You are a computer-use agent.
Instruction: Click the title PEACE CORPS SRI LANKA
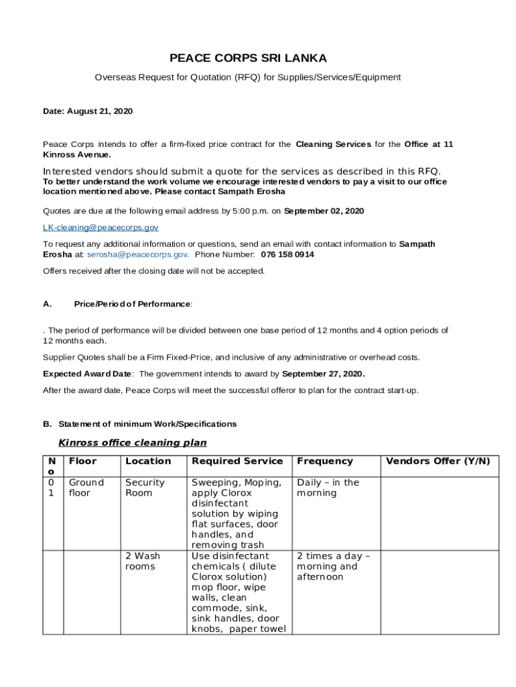(x=248, y=58)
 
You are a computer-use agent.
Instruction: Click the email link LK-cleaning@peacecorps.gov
(x=101, y=228)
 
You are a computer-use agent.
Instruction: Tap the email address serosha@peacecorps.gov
(x=137, y=255)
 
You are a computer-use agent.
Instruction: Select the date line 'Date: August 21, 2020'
(x=88, y=111)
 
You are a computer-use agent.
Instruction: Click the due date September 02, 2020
(x=324, y=211)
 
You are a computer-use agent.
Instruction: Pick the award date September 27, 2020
(x=323, y=374)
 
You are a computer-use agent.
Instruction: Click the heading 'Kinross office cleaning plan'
(x=133, y=443)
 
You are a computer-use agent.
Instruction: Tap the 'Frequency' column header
(x=324, y=461)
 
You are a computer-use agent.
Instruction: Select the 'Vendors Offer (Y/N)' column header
(x=438, y=461)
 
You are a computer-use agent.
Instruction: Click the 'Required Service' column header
(x=237, y=461)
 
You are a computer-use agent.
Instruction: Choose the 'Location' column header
(x=147, y=461)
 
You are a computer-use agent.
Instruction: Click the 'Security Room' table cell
(x=145, y=488)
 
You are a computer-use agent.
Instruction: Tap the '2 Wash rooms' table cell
(x=142, y=561)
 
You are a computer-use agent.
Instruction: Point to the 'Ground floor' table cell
(x=86, y=488)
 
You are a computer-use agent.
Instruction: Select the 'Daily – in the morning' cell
(x=328, y=488)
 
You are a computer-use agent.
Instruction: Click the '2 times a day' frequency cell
(x=333, y=566)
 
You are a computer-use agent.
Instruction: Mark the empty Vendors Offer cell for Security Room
(x=440, y=513)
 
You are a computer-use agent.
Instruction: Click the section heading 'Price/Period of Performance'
(x=133, y=304)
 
